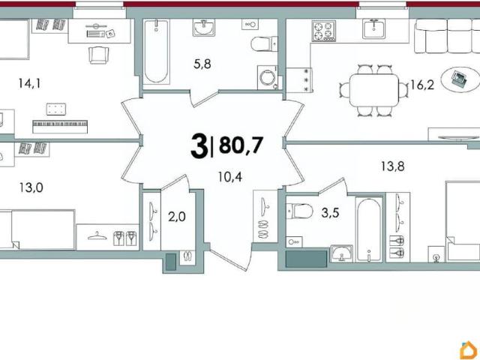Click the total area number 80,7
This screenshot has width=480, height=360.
click(x=241, y=145)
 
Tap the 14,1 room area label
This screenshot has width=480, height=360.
click(x=29, y=83)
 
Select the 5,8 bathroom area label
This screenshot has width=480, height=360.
click(x=202, y=64)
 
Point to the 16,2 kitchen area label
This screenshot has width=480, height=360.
click(x=422, y=85)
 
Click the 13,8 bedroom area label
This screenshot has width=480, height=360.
click(x=393, y=166)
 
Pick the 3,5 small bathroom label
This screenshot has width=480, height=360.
click(x=330, y=212)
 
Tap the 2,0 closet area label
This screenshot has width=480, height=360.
click(x=177, y=217)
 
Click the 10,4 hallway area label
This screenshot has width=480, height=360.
click(x=230, y=177)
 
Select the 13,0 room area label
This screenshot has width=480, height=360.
click(x=31, y=187)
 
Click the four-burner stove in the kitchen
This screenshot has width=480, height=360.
click(x=323, y=31)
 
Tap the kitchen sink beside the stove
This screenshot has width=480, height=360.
click(x=373, y=28)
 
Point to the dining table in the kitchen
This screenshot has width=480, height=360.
click(x=374, y=90)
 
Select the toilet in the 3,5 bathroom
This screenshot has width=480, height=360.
click(x=299, y=211)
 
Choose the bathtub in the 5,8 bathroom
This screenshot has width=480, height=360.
click(x=156, y=52)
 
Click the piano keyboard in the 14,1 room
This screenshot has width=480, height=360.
click(x=60, y=127)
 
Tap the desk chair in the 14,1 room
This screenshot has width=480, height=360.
click(x=98, y=55)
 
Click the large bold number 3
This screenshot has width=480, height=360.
click(x=199, y=147)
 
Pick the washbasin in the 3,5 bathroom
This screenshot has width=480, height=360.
click(x=342, y=253)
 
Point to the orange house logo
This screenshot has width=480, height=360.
click(x=469, y=350)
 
